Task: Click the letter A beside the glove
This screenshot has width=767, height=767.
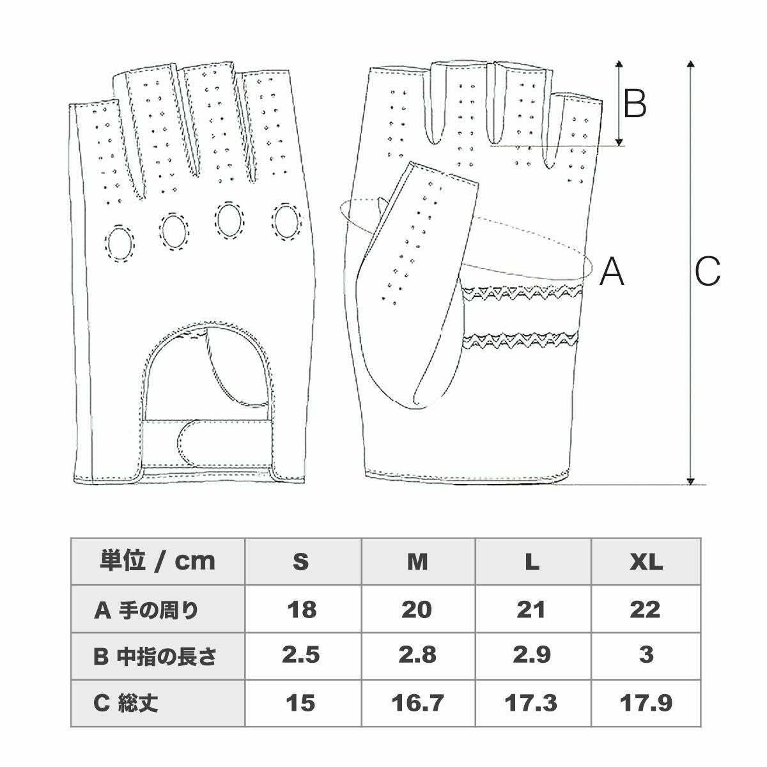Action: pyautogui.click(x=612, y=272)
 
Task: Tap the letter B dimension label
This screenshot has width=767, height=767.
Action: pyautogui.click(x=635, y=103)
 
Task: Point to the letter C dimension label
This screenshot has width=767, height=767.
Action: pyautogui.click(x=708, y=272)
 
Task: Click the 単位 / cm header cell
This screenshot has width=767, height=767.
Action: pyautogui.click(x=158, y=561)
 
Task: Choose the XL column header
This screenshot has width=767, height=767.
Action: pyautogui.click(x=646, y=562)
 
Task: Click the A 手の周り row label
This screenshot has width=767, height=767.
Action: pyautogui.click(x=147, y=610)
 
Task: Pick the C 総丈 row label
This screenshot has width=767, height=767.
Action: pyautogui.click(x=126, y=703)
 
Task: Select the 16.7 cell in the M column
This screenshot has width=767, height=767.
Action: pyautogui.click(x=417, y=703)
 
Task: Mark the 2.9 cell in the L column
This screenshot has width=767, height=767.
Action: pyautogui.click(x=532, y=656)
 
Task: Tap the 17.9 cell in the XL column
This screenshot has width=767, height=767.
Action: pyautogui.click(x=646, y=703)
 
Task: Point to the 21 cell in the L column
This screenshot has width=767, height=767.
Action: pyautogui.click(x=532, y=610)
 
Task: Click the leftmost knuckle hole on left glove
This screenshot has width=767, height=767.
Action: pyautogui.click(x=120, y=242)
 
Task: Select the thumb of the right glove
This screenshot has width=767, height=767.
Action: pyautogui.click(x=409, y=281)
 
